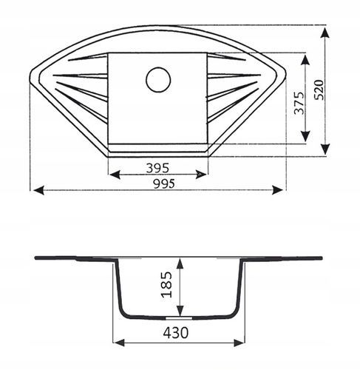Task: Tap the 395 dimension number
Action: [x=157, y=168]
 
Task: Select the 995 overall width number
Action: [x=164, y=184]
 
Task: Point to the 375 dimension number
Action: [x=299, y=103]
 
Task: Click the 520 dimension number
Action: [x=319, y=90]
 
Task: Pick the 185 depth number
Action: [x=166, y=285]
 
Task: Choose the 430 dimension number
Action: [x=176, y=332]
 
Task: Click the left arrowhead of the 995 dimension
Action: [x=38, y=190]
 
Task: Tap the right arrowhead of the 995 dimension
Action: [x=277, y=190]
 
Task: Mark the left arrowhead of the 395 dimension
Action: [x=115, y=175]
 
